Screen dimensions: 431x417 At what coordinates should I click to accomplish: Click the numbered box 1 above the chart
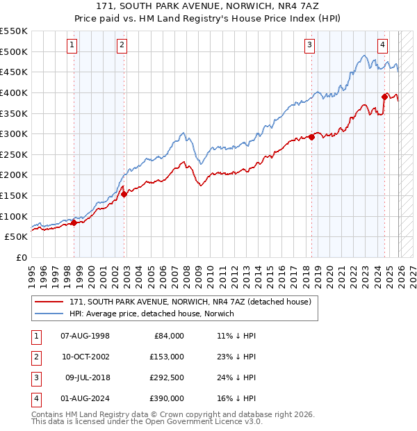[73, 45]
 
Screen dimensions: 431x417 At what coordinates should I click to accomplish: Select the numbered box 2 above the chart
[122, 45]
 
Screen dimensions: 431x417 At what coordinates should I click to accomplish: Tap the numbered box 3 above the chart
[309, 45]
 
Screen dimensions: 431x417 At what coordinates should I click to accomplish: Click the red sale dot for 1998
[74, 222]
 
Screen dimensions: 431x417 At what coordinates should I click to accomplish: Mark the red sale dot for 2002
[124, 195]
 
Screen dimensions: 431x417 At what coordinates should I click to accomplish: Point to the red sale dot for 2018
[311, 137]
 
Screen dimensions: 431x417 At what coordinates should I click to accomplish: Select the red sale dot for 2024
[384, 97]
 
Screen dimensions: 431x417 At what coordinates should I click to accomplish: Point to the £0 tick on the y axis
[21, 257]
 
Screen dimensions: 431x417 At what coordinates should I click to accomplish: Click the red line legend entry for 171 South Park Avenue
[194, 302]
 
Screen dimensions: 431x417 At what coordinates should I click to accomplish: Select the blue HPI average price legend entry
[152, 314]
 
